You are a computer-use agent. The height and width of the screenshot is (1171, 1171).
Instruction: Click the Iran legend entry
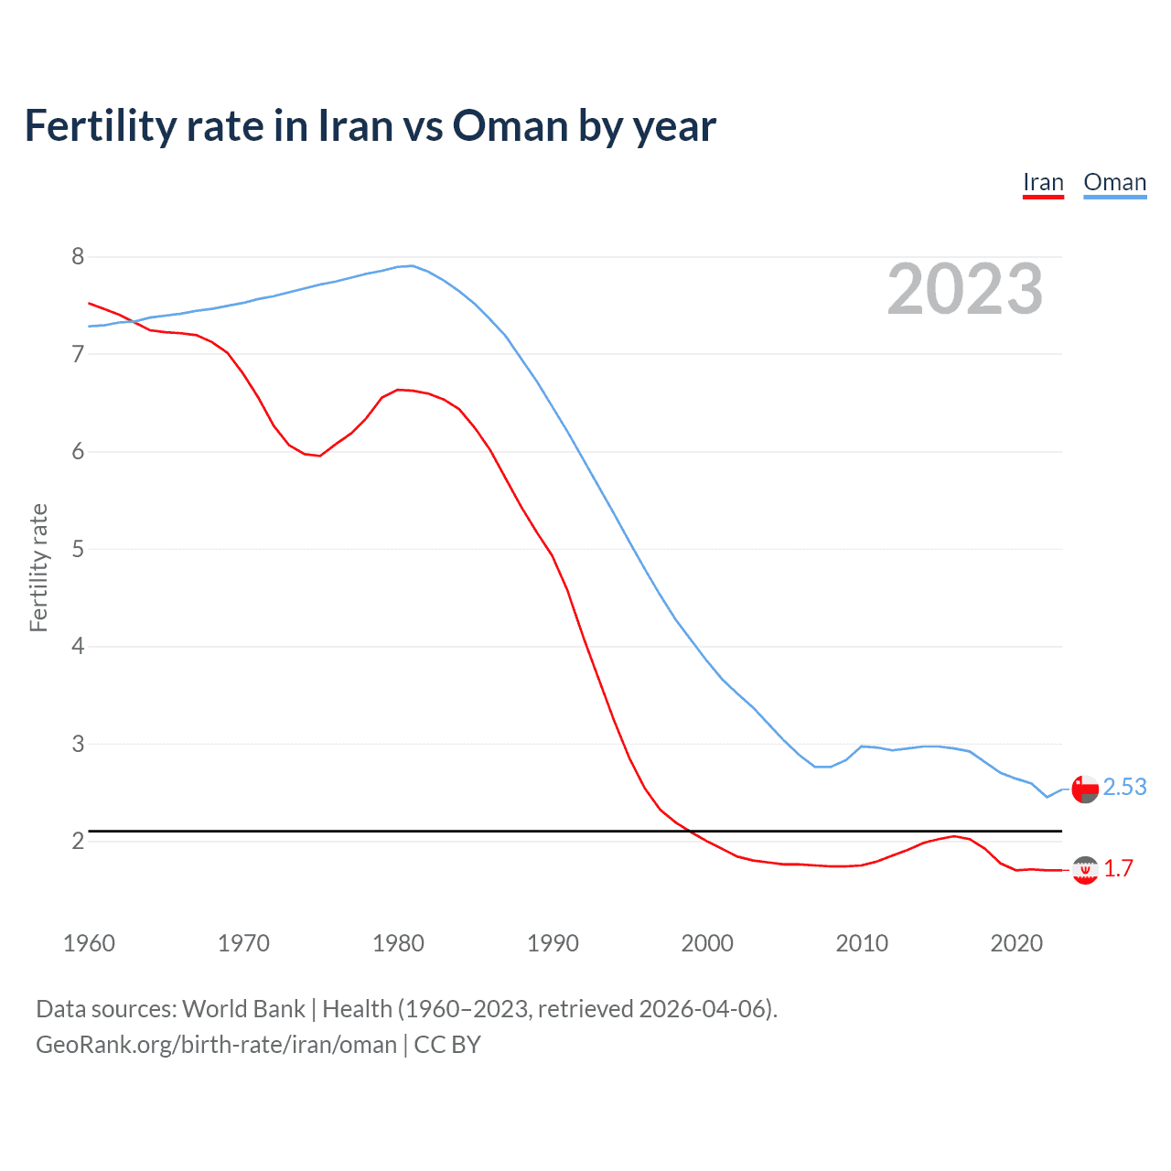point(1043,182)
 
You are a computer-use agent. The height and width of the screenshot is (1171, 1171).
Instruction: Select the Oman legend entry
point(1114,182)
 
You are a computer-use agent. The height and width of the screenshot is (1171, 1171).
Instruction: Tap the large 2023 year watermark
point(964,289)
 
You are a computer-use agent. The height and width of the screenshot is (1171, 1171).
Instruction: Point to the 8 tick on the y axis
point(78,256)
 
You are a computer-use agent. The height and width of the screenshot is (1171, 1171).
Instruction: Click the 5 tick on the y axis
point(78,549)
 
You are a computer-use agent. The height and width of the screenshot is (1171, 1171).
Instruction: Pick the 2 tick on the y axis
point(78,841)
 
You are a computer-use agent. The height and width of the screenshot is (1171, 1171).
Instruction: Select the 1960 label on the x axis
point(89,943)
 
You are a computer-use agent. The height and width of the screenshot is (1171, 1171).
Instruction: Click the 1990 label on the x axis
point(553,943)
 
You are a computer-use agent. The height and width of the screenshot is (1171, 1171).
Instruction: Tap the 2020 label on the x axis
point(1016,943)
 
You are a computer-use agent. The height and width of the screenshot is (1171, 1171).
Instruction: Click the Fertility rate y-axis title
point(38,567)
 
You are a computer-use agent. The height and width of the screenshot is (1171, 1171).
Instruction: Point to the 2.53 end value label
point(1124,787)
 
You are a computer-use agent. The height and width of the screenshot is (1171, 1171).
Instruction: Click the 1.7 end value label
point(1118,868)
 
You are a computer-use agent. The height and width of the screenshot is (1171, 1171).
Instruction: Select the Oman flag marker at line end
point(1085,789)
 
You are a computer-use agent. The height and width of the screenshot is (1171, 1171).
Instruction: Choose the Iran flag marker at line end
point(1085,870)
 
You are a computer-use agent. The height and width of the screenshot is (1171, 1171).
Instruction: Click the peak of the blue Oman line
point(412,266)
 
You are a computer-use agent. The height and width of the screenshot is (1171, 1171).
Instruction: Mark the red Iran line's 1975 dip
point(319,455)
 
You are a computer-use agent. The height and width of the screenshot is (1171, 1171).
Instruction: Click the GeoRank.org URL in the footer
point(216,1045)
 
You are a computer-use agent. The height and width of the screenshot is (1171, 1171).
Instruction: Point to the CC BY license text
point(447,1045)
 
